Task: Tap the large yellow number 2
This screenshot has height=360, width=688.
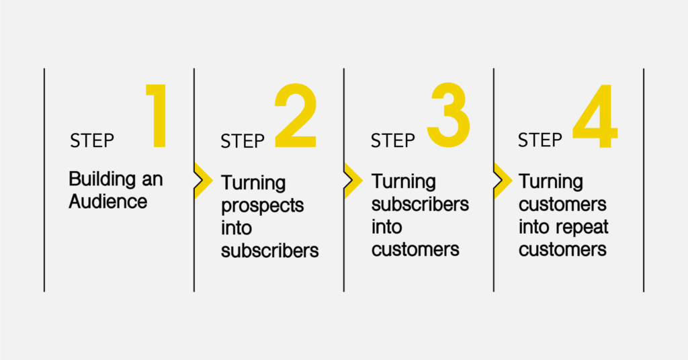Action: click(x=296, y=116)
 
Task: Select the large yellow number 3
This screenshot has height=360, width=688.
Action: click(x=448, y=115)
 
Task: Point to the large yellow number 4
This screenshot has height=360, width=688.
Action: click(x=595, y=116)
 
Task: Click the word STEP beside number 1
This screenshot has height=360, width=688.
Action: click(x=91, y=141)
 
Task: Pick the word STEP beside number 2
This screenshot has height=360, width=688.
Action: click(x=242, y=142)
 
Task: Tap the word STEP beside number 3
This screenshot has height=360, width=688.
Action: click(x=392, y=141)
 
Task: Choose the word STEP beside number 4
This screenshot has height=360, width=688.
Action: click(x=540, y=140)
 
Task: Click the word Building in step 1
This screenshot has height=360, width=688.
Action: click(x=102, y=180)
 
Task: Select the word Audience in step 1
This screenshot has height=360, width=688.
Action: click(x=108, y=201)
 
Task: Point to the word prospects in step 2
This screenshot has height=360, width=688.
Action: click(x=263, y=206)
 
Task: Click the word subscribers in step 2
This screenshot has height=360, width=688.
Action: click(x=270, y=251)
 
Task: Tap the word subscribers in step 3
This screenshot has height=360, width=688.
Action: click(x=420, y=204)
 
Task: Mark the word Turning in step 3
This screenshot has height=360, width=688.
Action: click(x=404, y=183)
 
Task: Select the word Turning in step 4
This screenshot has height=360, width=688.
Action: click(x=551, y=183)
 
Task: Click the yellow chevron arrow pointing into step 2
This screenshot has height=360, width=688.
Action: click(x=203, y=181)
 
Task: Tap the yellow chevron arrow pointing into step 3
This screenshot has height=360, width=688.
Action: click(x=353, y=181)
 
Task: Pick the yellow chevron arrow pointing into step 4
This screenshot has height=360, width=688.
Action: click(x=503, y=181)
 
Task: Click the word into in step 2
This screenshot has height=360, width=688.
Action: click(x=236, y=228)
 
